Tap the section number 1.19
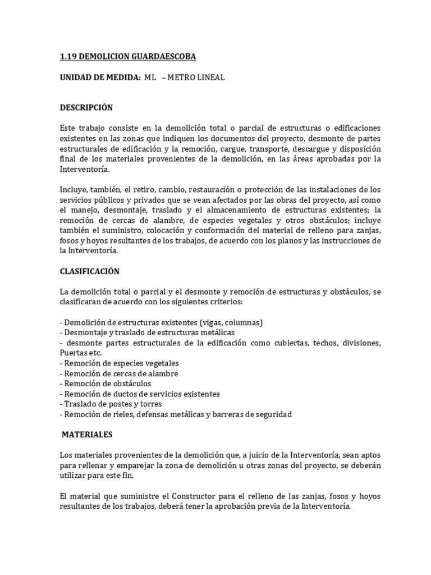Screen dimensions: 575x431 [68, 57]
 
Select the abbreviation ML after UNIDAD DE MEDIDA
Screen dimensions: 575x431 [149, 77]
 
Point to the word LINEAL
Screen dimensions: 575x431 [211, 77]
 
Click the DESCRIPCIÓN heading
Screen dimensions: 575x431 [86, 107]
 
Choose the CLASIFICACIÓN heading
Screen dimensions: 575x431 [90, 271]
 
